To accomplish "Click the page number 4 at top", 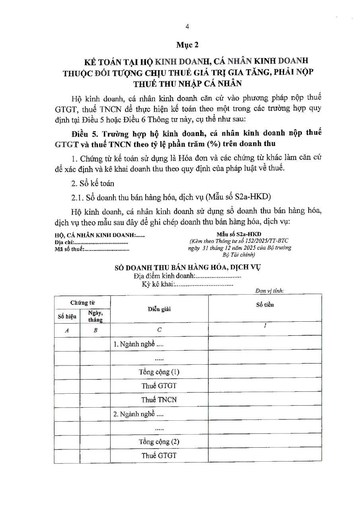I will click(x=187, y=26).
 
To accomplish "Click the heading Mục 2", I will click(x=187, y=45).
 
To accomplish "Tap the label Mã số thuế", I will click(x=68, y=249).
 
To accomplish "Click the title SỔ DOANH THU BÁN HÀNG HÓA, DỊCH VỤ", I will click(x=187, y=268).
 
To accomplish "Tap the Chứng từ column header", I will click(x=83, y=303).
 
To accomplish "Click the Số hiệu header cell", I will click(x=67, y=317).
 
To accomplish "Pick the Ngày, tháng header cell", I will click(x=95, y=317).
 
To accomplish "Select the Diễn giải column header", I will click(x=159, y=309).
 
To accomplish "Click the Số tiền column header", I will click(x=265, y=305).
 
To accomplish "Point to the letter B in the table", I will click(x=95, y=330).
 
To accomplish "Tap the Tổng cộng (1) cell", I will click(x=159, y=372).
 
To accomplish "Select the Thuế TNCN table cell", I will click(x=159, y=399).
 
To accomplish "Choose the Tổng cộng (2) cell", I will click(x=159, y=442).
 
